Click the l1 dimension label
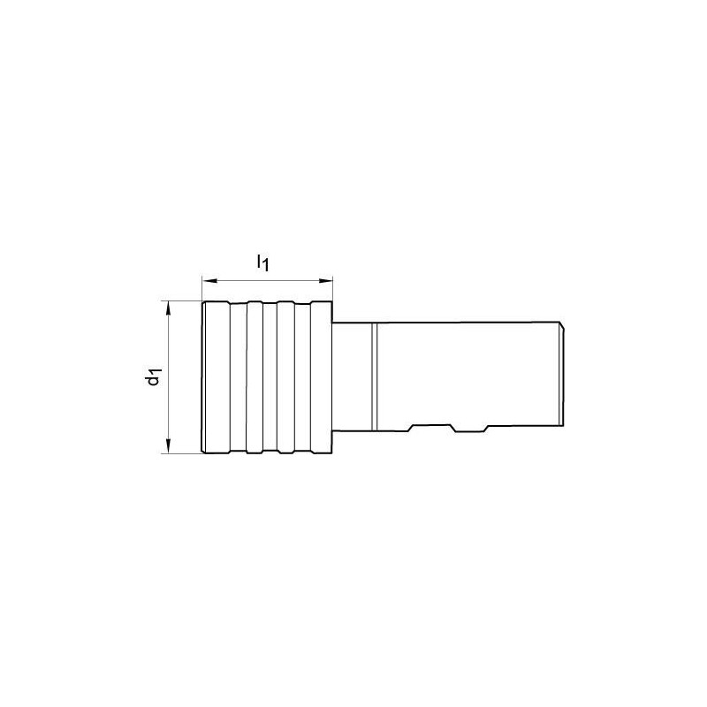262,262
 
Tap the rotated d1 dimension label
154,377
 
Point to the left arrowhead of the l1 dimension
209,281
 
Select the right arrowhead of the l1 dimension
325,281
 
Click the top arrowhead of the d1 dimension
169,308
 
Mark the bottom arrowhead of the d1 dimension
169,446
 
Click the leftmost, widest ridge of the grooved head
217,377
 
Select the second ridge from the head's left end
255,377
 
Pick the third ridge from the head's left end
285,377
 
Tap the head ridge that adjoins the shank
322,377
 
